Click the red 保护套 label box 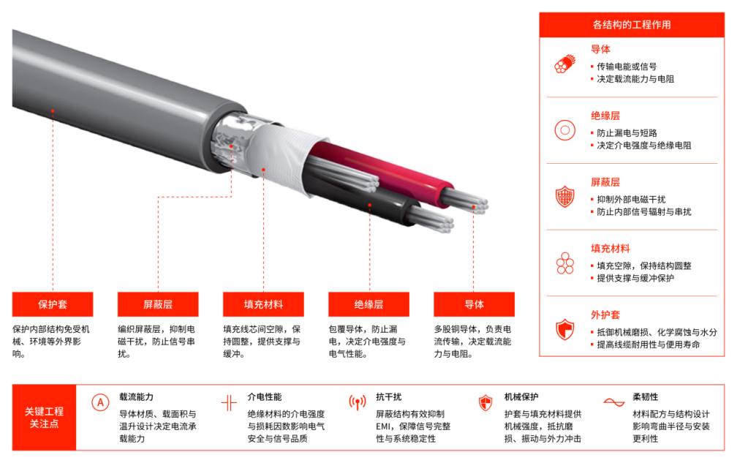(x=53, y=304)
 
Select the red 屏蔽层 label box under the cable (x=158, y=304)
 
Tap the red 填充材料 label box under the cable (x=263, y=304)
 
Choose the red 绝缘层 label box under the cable (x=368, y=304)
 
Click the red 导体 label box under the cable (x=474, y=304)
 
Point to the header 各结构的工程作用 (x=632, y=25)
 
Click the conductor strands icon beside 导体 (x=565, y=64)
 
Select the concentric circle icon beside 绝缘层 (x=565, y=130)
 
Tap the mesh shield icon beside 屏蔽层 (x=565, y=197)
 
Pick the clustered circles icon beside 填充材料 (x=565, y=263)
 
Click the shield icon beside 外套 (x=565, y=329)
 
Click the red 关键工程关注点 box (x=44, y=418)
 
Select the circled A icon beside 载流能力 (x=100, y=403)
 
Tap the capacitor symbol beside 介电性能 (x=229, y=403)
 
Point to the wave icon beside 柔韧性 (x=614, y=402)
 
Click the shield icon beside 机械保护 (x=485, y=403)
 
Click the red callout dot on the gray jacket (x=53, y=111)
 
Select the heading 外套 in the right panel (x=605, y=315)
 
